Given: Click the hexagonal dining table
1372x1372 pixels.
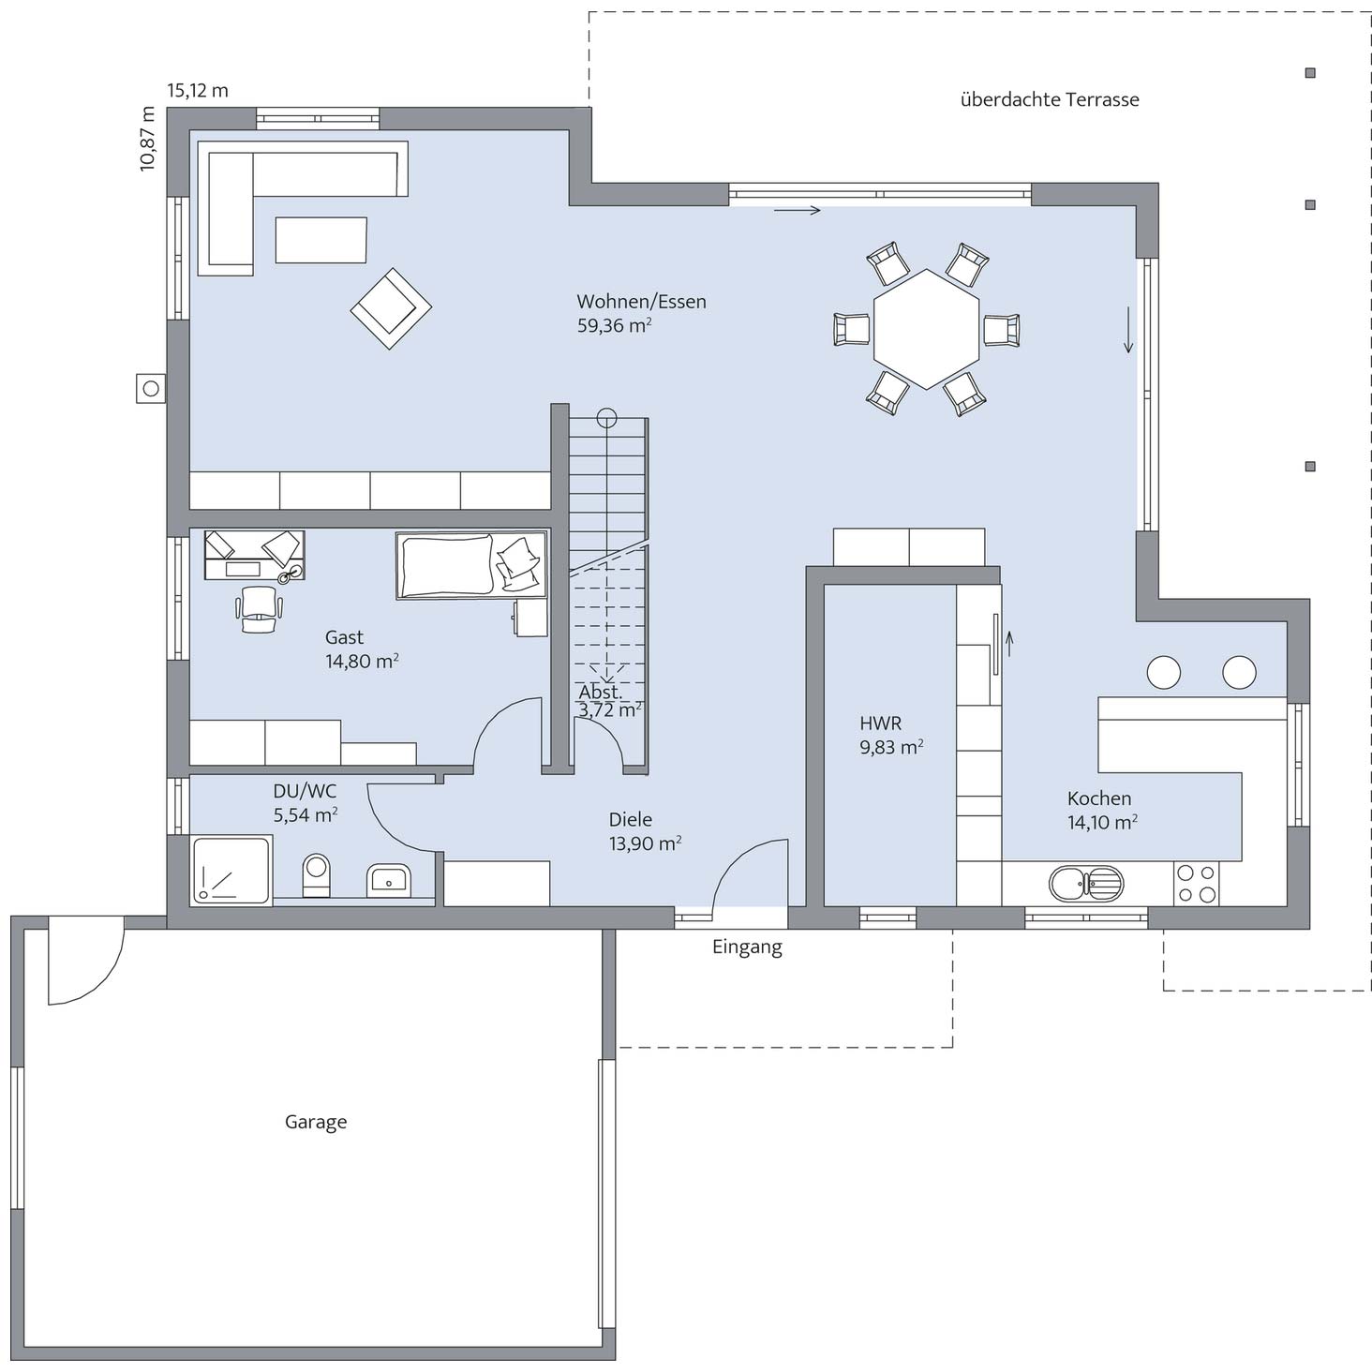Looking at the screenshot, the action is [x=926, y=329].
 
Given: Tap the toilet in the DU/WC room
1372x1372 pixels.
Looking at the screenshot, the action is [x=316, y=875].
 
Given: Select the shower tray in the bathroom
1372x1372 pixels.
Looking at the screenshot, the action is [x=231, y=871].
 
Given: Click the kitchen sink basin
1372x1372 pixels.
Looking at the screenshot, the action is [x=1085, y=884].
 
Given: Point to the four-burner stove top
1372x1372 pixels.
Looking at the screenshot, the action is [x=1196, y=883].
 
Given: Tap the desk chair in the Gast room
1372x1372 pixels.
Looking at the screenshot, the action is [x=259, y=609].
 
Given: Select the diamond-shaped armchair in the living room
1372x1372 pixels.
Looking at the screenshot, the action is [x=391, y=308].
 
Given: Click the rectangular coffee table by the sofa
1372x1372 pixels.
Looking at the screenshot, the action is [x=321, y=240].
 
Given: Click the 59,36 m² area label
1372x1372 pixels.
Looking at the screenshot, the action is [x=615, y=325].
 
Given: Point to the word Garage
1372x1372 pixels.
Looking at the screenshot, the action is [x=316, y=1122].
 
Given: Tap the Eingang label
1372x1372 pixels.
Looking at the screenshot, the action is [x=747, y=947].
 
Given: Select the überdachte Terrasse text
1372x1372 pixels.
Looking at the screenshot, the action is [x=1050, y=99].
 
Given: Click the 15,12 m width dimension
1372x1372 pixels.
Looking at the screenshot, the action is [x=198, y=90].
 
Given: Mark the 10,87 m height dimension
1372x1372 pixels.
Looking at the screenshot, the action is [x=147, y=139].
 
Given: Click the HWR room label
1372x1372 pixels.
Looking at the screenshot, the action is [x=881, y=723].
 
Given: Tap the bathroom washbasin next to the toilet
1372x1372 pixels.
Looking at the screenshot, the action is [x=389, y=881].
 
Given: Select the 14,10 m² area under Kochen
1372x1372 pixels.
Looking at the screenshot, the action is [x=1102, y=822].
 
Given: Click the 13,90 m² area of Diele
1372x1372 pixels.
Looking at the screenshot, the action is [x=645, y=843].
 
